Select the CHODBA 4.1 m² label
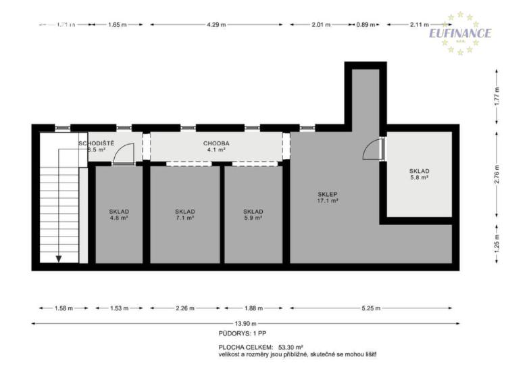click(217, 147)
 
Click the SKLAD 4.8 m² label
click(119, 215)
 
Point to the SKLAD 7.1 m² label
click(184, 215)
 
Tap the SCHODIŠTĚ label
click(97, 143)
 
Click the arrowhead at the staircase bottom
click(59, 258)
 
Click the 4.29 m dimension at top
click(216, 24)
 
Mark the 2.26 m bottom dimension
click(184, 308)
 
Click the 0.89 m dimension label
click(365, 24)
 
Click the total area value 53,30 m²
click(290, 347)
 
